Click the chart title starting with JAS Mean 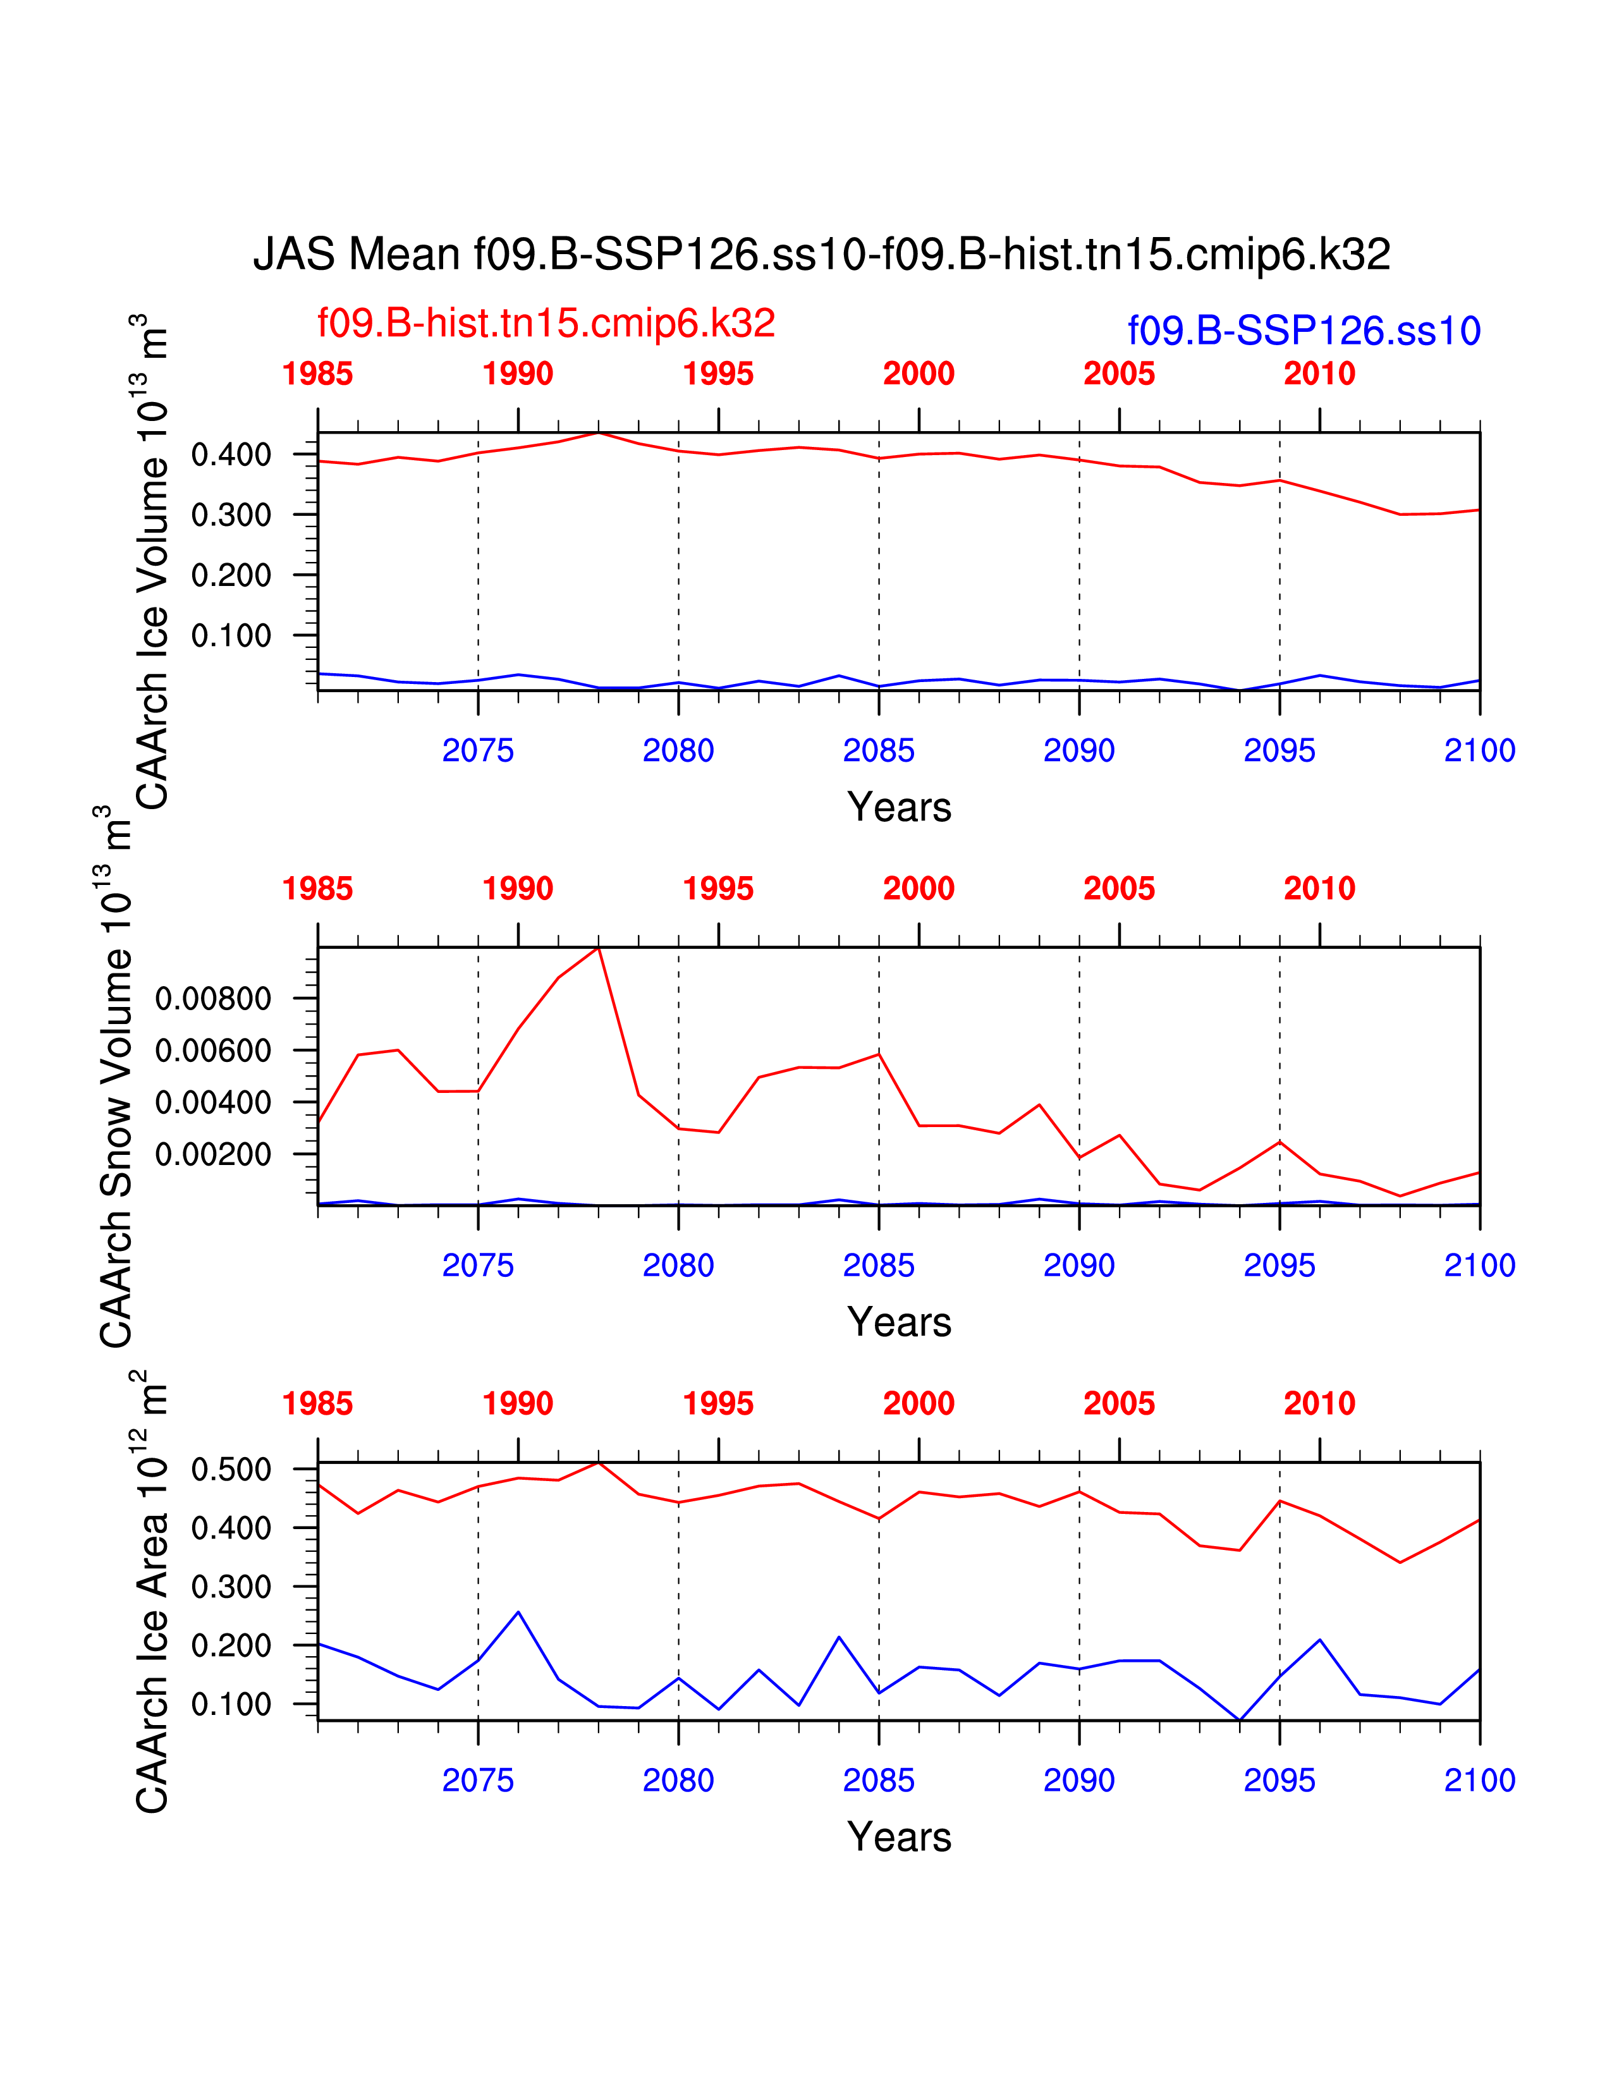tap(821, 255)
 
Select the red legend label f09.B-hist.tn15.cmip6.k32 tap(546, 324)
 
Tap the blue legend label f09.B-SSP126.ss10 tap(1304, 331)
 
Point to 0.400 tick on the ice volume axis tap(231, 454)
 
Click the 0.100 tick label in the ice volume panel tap(231, 635)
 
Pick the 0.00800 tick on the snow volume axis tap(213, 999)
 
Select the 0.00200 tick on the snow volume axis tap(213, 1154)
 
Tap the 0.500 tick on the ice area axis tap(231, 1469)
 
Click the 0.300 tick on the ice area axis tap(231, 1587)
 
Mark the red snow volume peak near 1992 tap(598, 948)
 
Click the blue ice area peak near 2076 tap(518, 1613)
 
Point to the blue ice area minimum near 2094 tap(1240, 1720)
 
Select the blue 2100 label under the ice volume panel tap(1479, 751)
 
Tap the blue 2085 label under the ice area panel tap(879, 1780)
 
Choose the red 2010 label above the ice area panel tap(1319, 1404)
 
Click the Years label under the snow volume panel tap(899, 1322)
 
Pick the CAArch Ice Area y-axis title tap(153, 1591)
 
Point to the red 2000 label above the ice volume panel tap(919, 374)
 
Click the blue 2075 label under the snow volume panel tap(477, 1266)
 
